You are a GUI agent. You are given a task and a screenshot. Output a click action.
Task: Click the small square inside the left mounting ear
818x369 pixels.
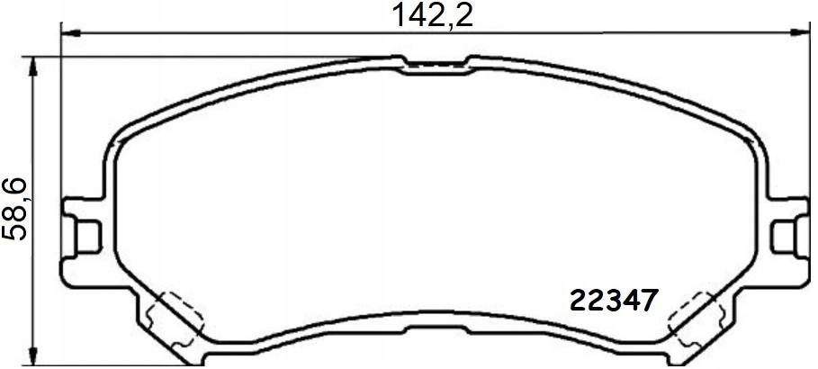[x=87, y=235]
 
